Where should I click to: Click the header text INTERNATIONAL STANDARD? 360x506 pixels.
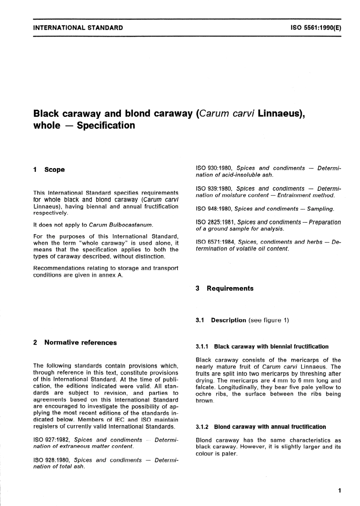pyautogui.click(x=78, y=28)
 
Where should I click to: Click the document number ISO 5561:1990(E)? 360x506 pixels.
pyautogui.click(x=316, y=28)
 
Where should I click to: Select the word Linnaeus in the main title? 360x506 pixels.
pyautogui.click(x=280, y=113)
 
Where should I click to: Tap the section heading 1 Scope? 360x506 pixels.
pyautogui.click(x=49, y=170)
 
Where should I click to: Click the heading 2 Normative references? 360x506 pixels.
pyautogui.click(x=75, y=343)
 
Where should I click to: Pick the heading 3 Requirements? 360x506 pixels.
pyautogui.click(x=225, y=288)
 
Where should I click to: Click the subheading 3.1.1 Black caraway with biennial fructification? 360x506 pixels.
pyautogui.click(x=262, y=347)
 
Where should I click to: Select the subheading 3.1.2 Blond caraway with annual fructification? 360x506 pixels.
pyautogui.click(x=261, y=427)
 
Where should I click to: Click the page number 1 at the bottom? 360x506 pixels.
pyautogui.click(x=340, y=491)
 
